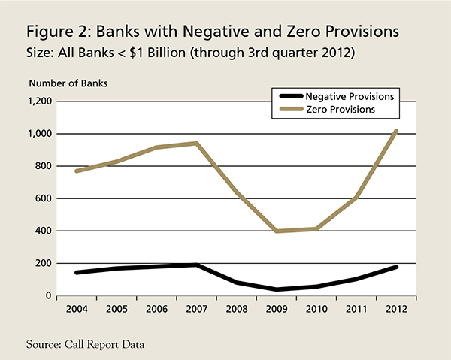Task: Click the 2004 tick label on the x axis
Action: tap(75, 308)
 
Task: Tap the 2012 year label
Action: tap(397, 308)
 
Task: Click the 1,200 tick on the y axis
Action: tap(38, 101)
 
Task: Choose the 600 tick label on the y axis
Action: tap(43, 198)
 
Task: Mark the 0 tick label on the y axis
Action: tap(48, 296)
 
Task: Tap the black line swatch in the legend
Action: tap(290, 96)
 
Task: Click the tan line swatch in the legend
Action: tap(290, 110)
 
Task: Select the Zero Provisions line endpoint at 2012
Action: tap(397, 131)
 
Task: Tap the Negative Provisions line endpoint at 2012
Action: tap(397, 267)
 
